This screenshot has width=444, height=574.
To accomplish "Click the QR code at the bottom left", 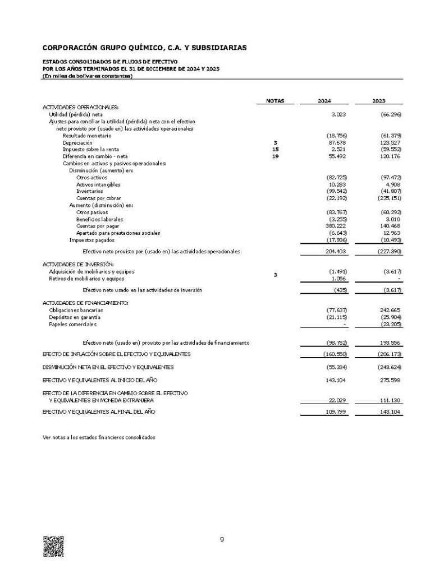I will tap(53, 546).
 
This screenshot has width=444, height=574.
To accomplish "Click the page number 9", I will tap(222, 540).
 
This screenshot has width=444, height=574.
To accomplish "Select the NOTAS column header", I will tap(275, 101).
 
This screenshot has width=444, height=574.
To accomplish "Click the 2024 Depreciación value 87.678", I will tap(339, 143).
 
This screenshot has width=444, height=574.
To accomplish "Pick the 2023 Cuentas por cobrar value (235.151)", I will tap(391, 198).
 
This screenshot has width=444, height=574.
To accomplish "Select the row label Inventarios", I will tap(89, 191).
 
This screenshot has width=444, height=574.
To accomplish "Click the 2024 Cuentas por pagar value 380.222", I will tap(338, 226).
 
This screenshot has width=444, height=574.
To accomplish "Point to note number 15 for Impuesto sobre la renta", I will tap(275, 150).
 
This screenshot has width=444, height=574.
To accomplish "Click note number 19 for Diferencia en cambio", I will tap(275, 156).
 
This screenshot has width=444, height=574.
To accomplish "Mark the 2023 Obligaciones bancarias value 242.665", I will tap(392, 309).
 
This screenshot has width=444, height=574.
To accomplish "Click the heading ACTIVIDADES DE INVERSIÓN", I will tap(79, 263).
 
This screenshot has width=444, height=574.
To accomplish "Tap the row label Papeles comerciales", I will tap(72, 324).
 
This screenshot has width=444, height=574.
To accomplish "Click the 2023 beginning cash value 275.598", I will tap(392, 380).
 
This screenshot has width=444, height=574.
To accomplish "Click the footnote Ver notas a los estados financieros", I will tap(99, 437).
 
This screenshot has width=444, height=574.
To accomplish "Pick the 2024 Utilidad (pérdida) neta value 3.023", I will tap(340, 114).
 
